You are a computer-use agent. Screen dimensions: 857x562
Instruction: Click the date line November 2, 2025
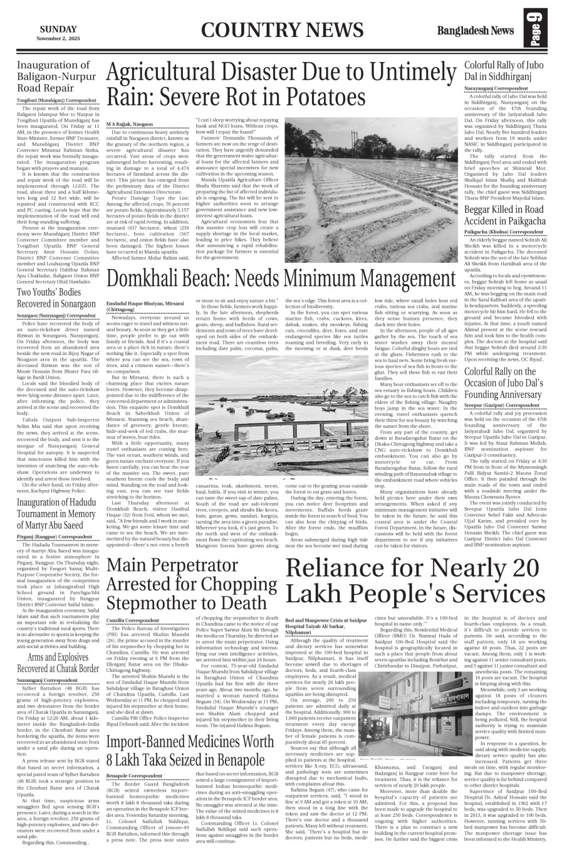(58, 38)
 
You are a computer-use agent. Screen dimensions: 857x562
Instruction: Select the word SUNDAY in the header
(58, 29)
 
